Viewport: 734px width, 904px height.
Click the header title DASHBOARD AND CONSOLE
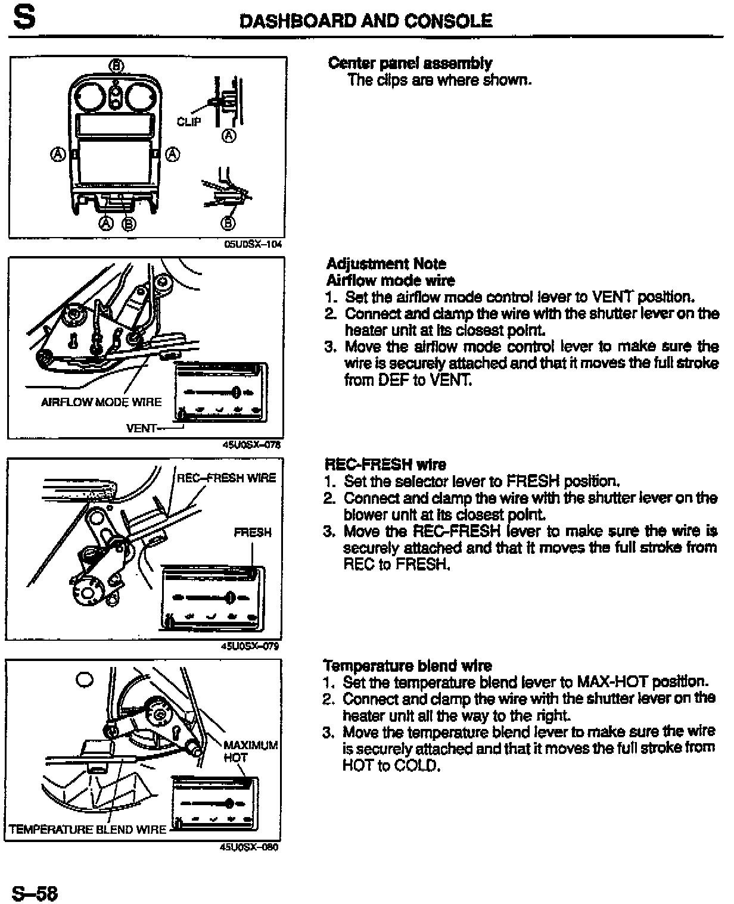pyautogui.click(x=366, y=21)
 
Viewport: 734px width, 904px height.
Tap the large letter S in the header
pyautogui.click(x=23, y=18)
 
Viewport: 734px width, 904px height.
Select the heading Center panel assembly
pyautogui.click(x=410, y=63)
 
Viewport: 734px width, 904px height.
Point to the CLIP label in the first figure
pyautogui.click(x=189, y=121)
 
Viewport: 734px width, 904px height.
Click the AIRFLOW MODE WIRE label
pyautogui.click(x=101, y=402)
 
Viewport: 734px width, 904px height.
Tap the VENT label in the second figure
pyautogui.click(x=142, y=428)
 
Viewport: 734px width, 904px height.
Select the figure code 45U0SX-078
pyautogui.click(x=250, y=444)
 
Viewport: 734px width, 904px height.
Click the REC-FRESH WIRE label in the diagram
pyautogui.click(x=227, y=478)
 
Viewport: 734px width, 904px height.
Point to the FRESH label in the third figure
pyautogui.click(x=253, y=532)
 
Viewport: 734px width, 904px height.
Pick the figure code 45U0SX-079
pyautogui.click(x=250, y=646)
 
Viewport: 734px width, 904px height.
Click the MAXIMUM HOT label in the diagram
pyautogui.click(x=250, y=751)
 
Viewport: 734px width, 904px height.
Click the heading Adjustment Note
pyautogui.click(x=386, y=264)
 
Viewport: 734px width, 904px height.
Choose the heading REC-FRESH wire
pyautogui.click(x=385, y=465)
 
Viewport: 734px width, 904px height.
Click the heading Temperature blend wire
pyautogui.click(x=408, y=665)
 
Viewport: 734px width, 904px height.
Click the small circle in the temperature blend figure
pyautogui.click(x=85, y=679)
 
